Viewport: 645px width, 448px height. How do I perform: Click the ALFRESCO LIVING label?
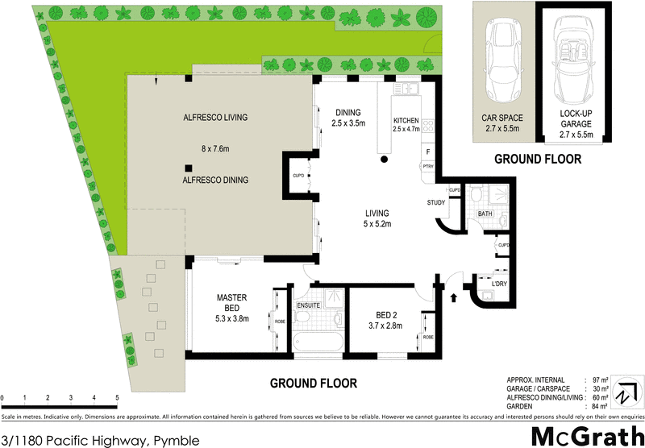click(214, 118)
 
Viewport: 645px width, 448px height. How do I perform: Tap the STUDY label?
click(436, 203)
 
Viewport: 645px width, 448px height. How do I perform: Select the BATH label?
click(485, 214)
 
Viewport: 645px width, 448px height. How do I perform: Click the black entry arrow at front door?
click(452, 297)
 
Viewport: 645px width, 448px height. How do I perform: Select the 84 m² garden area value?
click(599, 406)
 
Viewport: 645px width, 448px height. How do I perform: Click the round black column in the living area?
click(385, 160)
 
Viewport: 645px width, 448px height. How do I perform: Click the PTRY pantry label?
click(427, 166)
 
